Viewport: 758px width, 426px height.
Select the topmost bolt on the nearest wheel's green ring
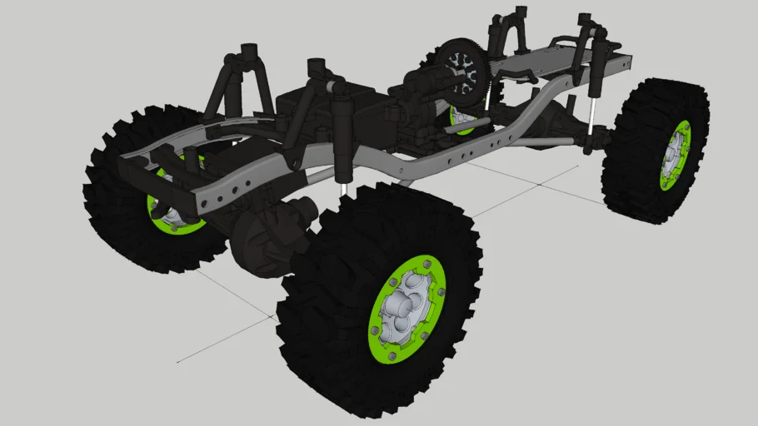[x=427, y=264]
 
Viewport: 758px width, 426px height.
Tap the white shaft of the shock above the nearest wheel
[x=343, y=187]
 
